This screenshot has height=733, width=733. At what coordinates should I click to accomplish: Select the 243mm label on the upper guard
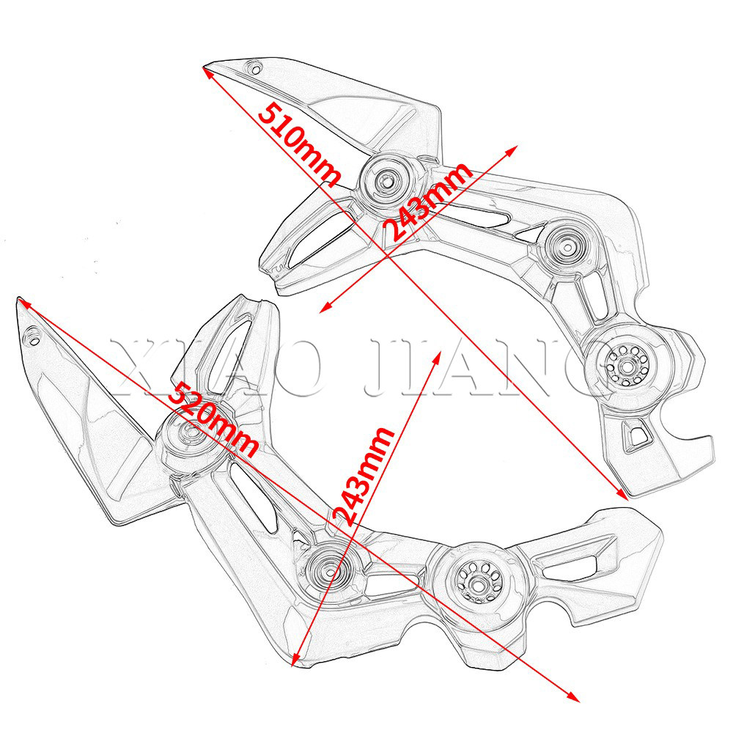(428, 201)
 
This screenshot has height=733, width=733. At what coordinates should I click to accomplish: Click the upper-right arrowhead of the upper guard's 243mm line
(510, 147)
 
